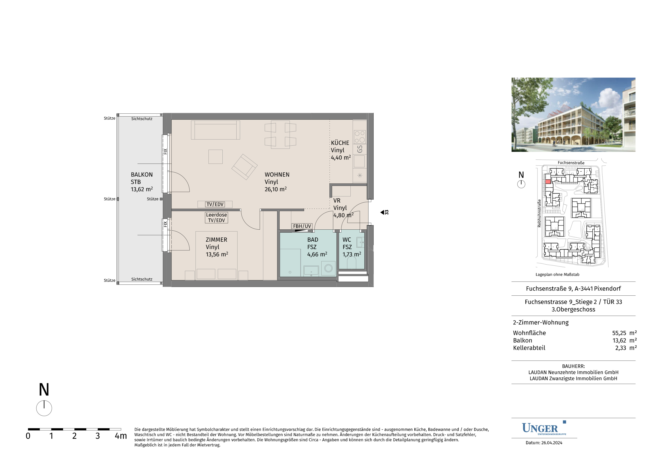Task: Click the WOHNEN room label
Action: click(277, 175)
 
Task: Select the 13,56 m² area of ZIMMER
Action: click(217, 254)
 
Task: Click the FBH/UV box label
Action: click(302, 226)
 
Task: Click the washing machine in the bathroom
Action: click(328, 268)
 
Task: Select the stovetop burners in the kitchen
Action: click(360, 137)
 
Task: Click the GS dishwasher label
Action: click(360, 149)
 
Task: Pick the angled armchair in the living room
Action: click(244, 167)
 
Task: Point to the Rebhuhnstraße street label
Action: click(539, 213)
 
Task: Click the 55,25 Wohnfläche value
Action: click(619, 333)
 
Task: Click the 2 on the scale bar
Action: click(74, 436)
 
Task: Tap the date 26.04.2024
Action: click(551, 443)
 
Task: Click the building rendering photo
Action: click(573, 115)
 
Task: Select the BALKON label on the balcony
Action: click(142, 175)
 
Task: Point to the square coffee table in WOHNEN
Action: click(216, 157)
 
